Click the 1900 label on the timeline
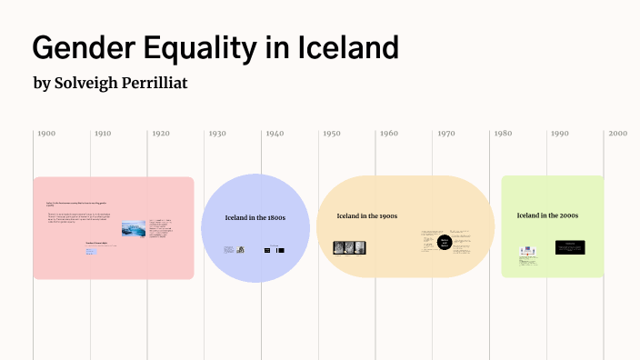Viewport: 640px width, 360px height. click(45, 134)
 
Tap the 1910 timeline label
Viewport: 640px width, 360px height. click(103, 134)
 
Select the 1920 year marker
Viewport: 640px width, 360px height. click(160, 134)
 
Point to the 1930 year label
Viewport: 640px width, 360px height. click(217, 134)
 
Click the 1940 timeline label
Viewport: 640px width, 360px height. click(275, 134)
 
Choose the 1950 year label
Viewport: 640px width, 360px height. click(331, 134)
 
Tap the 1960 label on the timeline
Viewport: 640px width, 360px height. click(388, 134)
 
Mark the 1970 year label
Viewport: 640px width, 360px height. click(445, 134)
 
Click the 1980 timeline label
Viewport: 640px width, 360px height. click(502, 134)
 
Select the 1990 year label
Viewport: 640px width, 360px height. click(559, 134)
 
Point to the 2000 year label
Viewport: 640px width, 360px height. click(618, 134)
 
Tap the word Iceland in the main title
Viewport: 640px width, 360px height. click(348, 46)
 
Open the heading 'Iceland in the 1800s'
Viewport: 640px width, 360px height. click(255, 218)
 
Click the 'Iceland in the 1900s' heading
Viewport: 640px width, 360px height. click(366, 215)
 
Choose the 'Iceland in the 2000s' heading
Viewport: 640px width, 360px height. click(547, 215)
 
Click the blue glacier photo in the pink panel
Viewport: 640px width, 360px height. click(133, 229)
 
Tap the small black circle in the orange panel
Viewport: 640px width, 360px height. click(445, 243)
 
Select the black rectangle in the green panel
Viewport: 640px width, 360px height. click(570, 247)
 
